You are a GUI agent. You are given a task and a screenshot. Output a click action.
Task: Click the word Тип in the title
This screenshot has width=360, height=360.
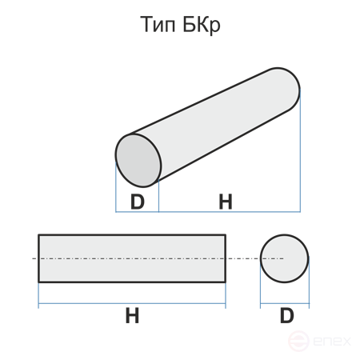[158, 25]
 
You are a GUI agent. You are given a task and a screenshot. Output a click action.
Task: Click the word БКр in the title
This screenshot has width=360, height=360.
[202, 26]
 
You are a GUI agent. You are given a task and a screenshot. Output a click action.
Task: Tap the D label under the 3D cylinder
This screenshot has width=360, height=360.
[138, 202]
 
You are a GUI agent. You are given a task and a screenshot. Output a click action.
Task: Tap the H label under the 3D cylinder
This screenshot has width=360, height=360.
[226, 202]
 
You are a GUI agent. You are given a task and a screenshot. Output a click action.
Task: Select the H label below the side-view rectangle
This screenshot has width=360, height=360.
[132, 316]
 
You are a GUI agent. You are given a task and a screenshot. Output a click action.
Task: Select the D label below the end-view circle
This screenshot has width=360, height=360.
[286, 316]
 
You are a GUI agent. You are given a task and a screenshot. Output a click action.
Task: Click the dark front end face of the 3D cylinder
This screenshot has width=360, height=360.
[138, 160]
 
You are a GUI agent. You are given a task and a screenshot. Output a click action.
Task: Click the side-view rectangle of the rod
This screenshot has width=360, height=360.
[132, 258]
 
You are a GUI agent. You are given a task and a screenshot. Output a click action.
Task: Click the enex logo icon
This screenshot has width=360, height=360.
[298, 341]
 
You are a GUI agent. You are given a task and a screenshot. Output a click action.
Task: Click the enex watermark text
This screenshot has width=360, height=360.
[332, 342]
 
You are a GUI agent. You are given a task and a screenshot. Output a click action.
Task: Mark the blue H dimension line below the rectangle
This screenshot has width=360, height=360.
[132, 303]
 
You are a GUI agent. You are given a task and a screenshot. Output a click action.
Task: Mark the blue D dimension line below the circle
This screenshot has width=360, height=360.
[285, 303]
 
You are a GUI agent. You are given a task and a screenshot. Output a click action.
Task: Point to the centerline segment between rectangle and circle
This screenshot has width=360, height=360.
[243, 258]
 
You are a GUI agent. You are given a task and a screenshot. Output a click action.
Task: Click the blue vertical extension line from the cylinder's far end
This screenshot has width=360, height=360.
[300, 150]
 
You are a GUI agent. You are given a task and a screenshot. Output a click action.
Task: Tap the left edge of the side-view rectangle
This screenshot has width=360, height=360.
[38, 258]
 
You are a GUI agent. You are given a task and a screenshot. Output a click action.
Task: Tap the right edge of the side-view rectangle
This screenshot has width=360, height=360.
[226, 258]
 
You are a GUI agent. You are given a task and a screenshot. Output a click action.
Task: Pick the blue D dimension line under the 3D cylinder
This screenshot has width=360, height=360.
[137, 212]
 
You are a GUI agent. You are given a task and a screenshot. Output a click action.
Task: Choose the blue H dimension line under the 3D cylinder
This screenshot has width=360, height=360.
[230, 212]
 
